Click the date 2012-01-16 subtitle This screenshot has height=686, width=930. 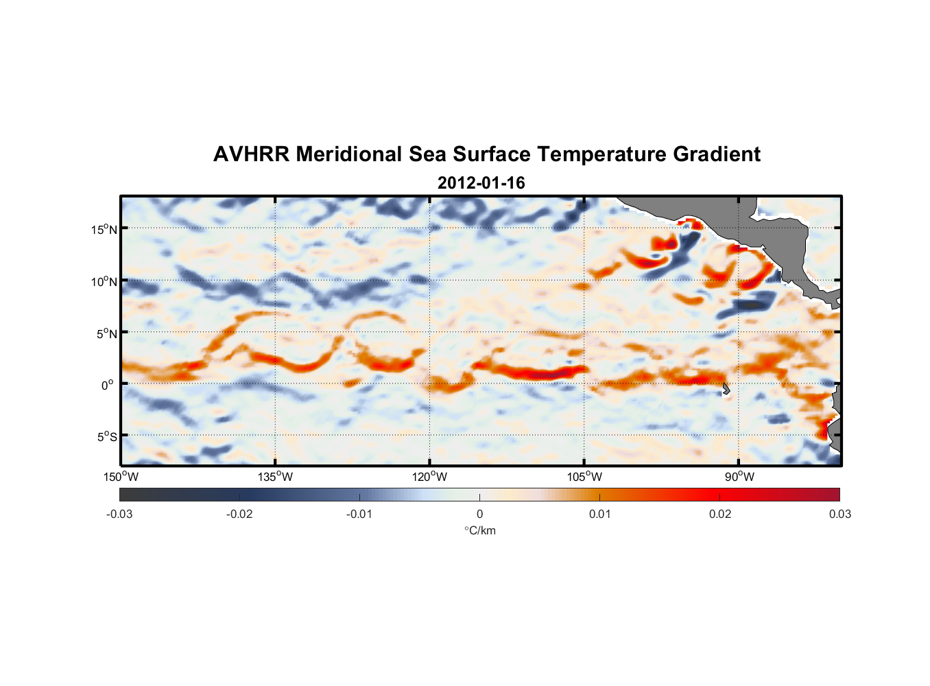(481, 183)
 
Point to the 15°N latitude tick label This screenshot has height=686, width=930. (104, 229)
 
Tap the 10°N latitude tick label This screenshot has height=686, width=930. (104, 281)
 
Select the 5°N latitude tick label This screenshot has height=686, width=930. (106, 333)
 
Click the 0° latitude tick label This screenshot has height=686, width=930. (108, 385)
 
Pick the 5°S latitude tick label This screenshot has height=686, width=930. (106, 437)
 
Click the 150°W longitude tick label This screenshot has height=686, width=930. (121, 477)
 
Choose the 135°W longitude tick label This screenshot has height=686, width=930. (275, 477)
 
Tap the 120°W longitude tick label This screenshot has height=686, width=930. (429, 477)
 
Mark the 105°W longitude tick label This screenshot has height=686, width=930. (584, 477)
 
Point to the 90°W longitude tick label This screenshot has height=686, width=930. (739, 477)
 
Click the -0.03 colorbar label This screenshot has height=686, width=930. (119, 514)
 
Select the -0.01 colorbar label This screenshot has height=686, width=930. (359, 514)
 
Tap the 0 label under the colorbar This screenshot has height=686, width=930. (479, 514)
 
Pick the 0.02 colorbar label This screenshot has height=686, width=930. (720, 514)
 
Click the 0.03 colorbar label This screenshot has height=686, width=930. (839, 514)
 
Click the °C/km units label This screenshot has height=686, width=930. (480, 530)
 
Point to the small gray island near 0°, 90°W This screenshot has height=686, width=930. (726, 389)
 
